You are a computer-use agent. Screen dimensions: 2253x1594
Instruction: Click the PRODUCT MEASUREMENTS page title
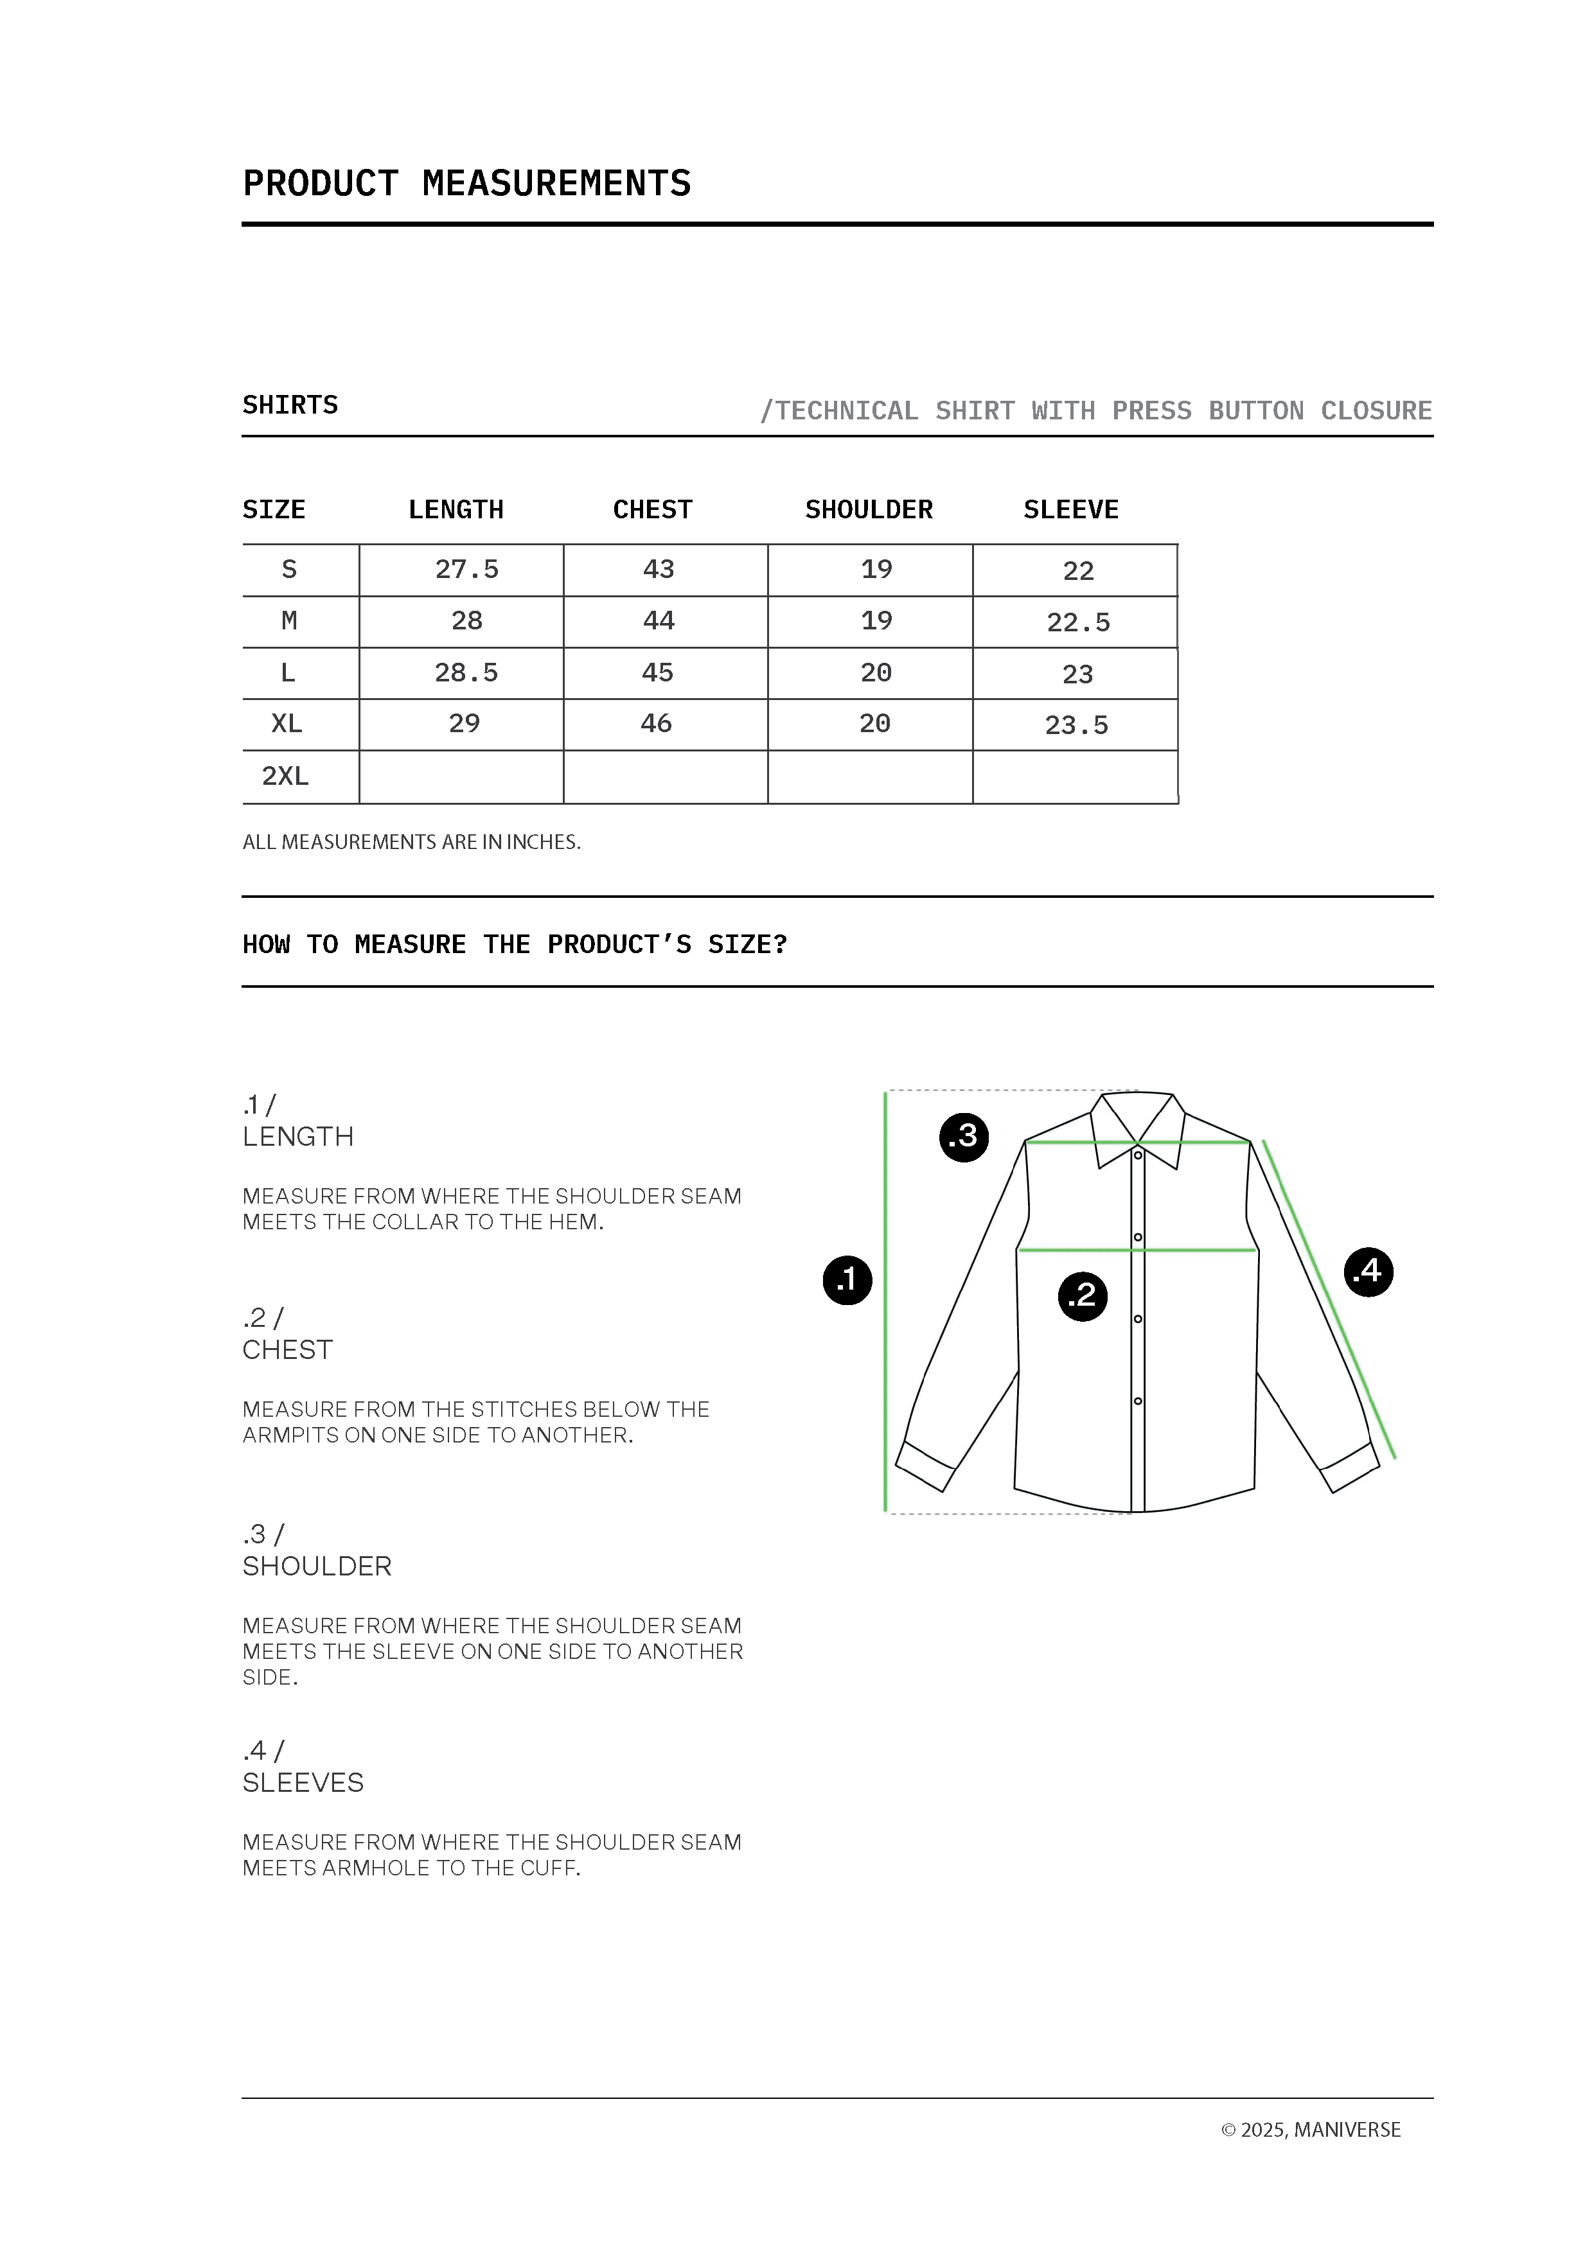(x=466, y=184)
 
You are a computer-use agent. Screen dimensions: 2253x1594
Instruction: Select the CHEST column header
(x=653, y=509)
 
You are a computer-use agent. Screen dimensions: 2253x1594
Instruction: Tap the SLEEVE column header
(x=1071, y=509)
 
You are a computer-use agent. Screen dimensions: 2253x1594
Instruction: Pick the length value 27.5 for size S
(x=466, y=569)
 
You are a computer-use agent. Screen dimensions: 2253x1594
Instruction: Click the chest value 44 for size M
(x=659, y=621)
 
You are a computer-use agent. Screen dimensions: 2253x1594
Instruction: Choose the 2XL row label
(x=286, y=776)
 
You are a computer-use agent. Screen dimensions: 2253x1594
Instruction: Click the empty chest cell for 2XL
(x=666, y=777)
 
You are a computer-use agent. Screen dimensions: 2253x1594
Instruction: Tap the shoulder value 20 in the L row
(x=876, y=673)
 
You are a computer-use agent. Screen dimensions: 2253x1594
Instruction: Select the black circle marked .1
(x=847, y=1279)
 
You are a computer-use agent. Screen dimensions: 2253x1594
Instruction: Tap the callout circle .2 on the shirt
(x=1082, y=1295)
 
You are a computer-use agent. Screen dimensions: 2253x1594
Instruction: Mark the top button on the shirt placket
(x=1138, y=1155)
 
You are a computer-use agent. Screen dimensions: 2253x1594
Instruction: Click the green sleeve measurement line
(x=1330, y=1300)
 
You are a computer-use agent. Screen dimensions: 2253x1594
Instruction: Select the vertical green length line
(x=885, y=1305)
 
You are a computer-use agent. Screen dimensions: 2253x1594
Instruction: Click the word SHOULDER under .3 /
(x=317, y=1566)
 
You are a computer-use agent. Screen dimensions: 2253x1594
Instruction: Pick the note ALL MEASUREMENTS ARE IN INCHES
(x=411, y=842)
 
